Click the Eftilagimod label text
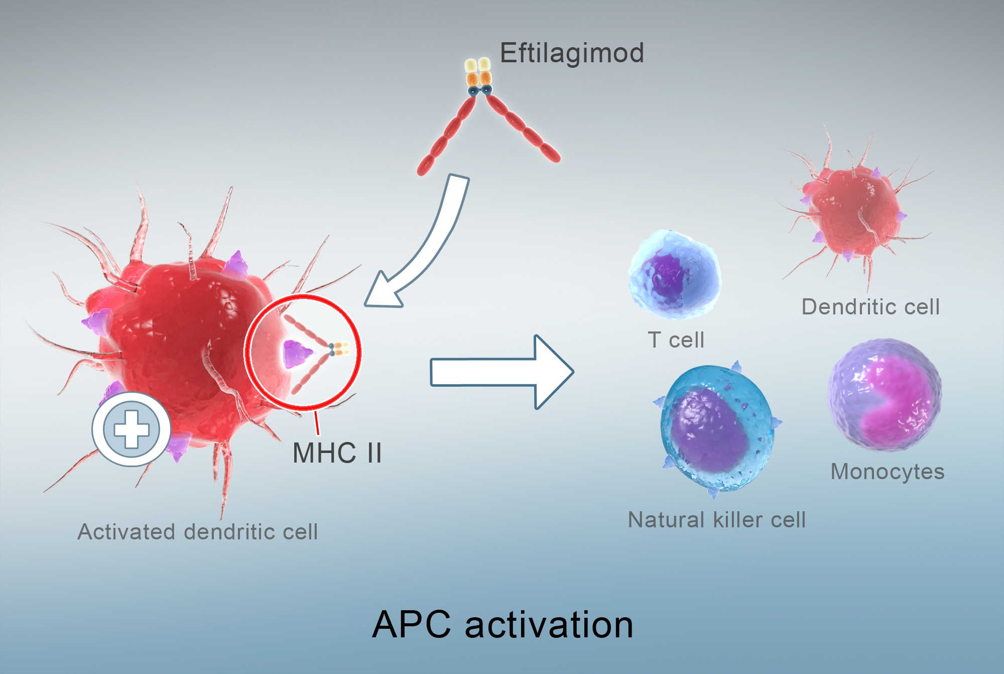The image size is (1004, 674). (572, 53)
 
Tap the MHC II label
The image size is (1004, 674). (337, 453)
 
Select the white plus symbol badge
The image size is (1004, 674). (132, 429)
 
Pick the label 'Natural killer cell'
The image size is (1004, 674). (717, 520)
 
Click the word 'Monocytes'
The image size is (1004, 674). (888, 472)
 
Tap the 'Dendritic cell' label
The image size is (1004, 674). (870, 307)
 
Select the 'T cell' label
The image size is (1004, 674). (676, 340)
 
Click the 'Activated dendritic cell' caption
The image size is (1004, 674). (198, 532)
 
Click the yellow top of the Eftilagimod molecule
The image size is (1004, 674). (477, 65)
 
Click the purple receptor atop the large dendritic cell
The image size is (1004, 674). (236, 265)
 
